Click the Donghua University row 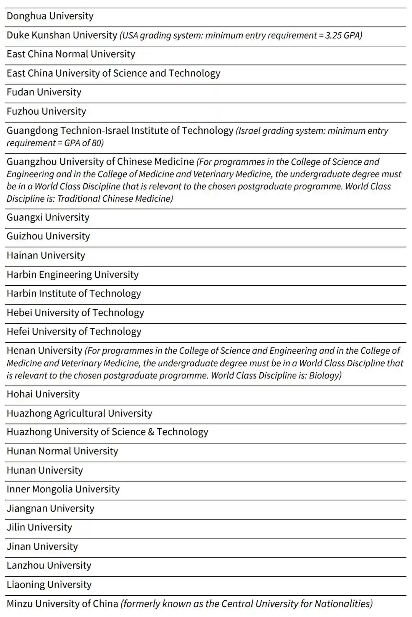[50, 16]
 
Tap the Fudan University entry [44, 92]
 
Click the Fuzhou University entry [46, 111]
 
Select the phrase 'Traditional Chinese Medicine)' [115, 199]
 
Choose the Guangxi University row [48, 217]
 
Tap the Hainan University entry [46, 255]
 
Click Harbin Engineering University [72, 274]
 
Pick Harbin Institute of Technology [74, 293]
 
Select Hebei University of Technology [75, 313]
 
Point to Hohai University [43, 394]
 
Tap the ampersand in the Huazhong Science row [151, 432]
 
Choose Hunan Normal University [62, 451]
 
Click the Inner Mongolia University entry [63, 489]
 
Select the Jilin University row [39, 527]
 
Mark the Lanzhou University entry [49, 566]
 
